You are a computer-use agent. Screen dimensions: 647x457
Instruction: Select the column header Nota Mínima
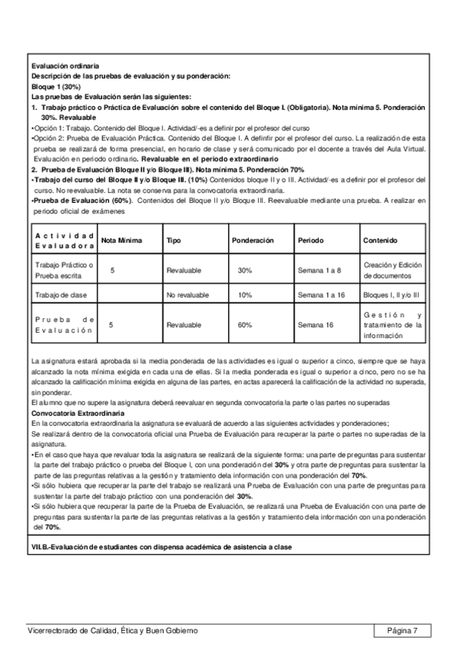coord(122,240)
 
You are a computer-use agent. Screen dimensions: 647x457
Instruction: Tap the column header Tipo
coord(173,240)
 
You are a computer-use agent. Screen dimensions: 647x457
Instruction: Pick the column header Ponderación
coord(252,240)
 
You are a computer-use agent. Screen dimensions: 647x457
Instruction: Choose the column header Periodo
coord(310,240)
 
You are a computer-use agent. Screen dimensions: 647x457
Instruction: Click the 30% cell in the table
coord(245,270)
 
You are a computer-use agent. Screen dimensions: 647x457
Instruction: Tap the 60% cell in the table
coord(245,324)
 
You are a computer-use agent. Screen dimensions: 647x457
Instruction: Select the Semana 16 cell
coord(314,324)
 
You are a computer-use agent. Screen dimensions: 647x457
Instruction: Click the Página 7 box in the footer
coord(402,630)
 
